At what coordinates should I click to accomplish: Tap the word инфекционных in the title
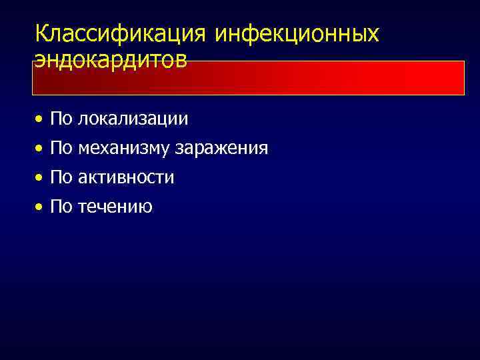(x=297, y=33)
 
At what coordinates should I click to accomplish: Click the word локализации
(x=133, y=119)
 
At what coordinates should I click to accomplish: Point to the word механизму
(x=124, y=148)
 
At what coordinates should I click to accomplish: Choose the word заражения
(x=222, y=148)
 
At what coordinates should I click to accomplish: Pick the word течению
(x=115, y=207)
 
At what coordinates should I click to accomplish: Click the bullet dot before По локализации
(x=41, y=119)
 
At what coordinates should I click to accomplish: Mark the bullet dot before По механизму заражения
(x=41, y=149)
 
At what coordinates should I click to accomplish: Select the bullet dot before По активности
(x=41, y=178)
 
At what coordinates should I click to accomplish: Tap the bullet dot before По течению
(x=41, y=207)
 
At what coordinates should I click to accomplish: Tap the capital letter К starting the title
(x=41, y=33)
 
